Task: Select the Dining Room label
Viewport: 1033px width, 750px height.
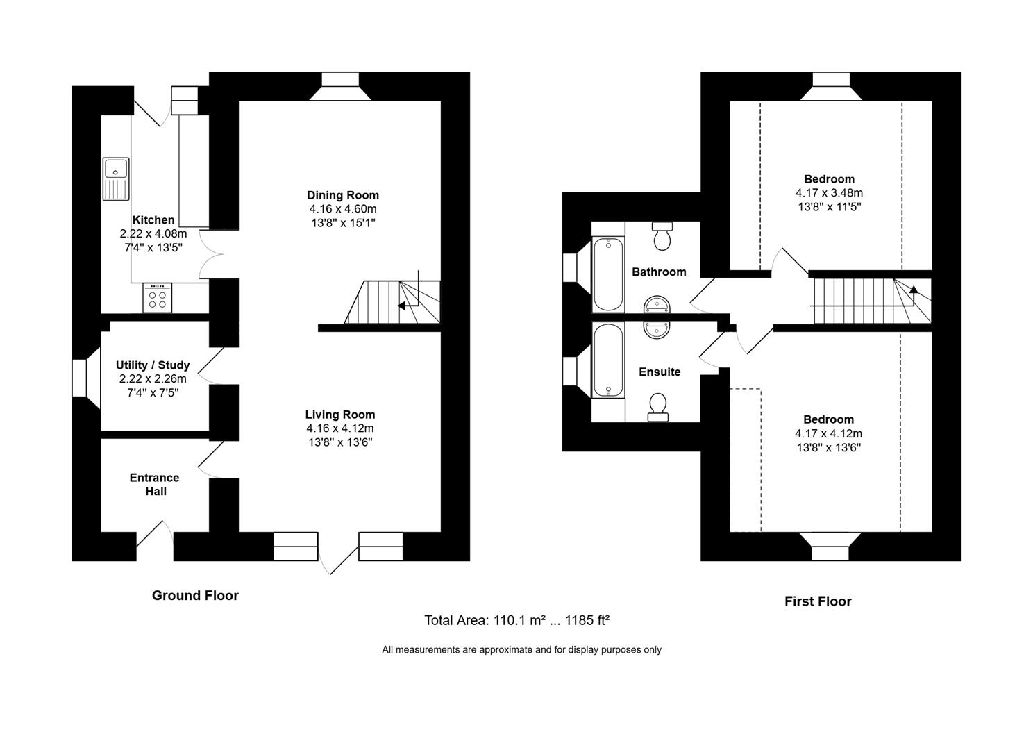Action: [343, 195]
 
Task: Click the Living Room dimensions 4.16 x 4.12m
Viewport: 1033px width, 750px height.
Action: [340, 428]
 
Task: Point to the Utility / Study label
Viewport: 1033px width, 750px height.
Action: [153, 365]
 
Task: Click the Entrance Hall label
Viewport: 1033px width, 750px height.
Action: [155, 485]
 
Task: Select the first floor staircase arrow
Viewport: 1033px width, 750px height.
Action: [912, 291]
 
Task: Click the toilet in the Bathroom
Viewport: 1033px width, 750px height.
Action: [663, 237]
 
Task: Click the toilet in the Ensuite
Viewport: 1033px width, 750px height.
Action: [657, 407]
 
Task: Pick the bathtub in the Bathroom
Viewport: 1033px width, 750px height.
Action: [608, 274]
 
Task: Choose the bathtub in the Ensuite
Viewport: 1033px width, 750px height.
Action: [608, 360]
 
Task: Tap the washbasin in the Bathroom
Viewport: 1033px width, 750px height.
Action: [657, 304]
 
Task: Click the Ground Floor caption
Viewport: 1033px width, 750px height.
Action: [195, 595]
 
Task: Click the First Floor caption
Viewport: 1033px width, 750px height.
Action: [818, 601]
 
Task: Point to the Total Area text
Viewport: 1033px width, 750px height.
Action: [516, 621]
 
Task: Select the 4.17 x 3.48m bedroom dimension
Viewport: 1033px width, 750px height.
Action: [830, 193]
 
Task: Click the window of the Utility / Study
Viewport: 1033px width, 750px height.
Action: [81, 378]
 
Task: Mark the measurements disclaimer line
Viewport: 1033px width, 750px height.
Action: [521, 650]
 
